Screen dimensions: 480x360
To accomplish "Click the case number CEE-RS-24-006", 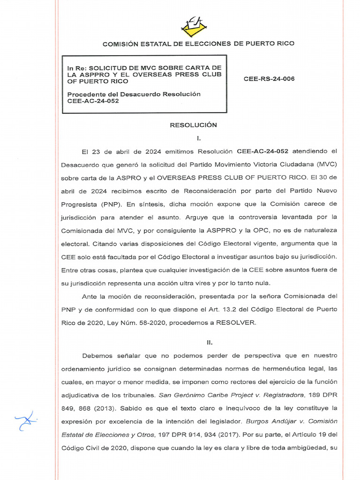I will [269, 79].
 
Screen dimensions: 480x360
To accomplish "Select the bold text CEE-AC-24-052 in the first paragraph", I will [262, 151].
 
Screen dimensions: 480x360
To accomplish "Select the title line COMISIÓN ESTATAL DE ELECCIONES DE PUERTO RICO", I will [198, 44].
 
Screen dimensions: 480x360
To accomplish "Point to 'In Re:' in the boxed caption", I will [77, 68].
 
